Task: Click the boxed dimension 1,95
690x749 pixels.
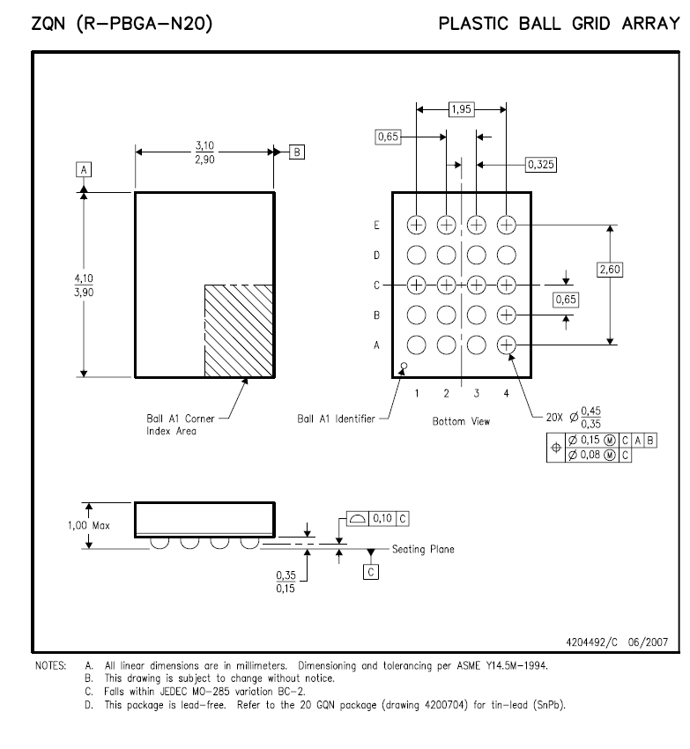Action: pos(461,109)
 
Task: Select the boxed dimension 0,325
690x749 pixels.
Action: pos(541,165)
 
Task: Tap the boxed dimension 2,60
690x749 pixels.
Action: pos(610,270)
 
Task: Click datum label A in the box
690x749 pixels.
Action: pos(84,169)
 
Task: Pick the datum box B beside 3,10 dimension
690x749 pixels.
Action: pos(297,152)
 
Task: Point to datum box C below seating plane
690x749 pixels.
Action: pos(371,572)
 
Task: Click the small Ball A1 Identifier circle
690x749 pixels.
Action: pos(404,367)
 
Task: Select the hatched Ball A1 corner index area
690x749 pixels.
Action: pos(239,331)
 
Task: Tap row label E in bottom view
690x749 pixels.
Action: pos(376,225)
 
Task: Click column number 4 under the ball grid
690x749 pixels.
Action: pos(506,393)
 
